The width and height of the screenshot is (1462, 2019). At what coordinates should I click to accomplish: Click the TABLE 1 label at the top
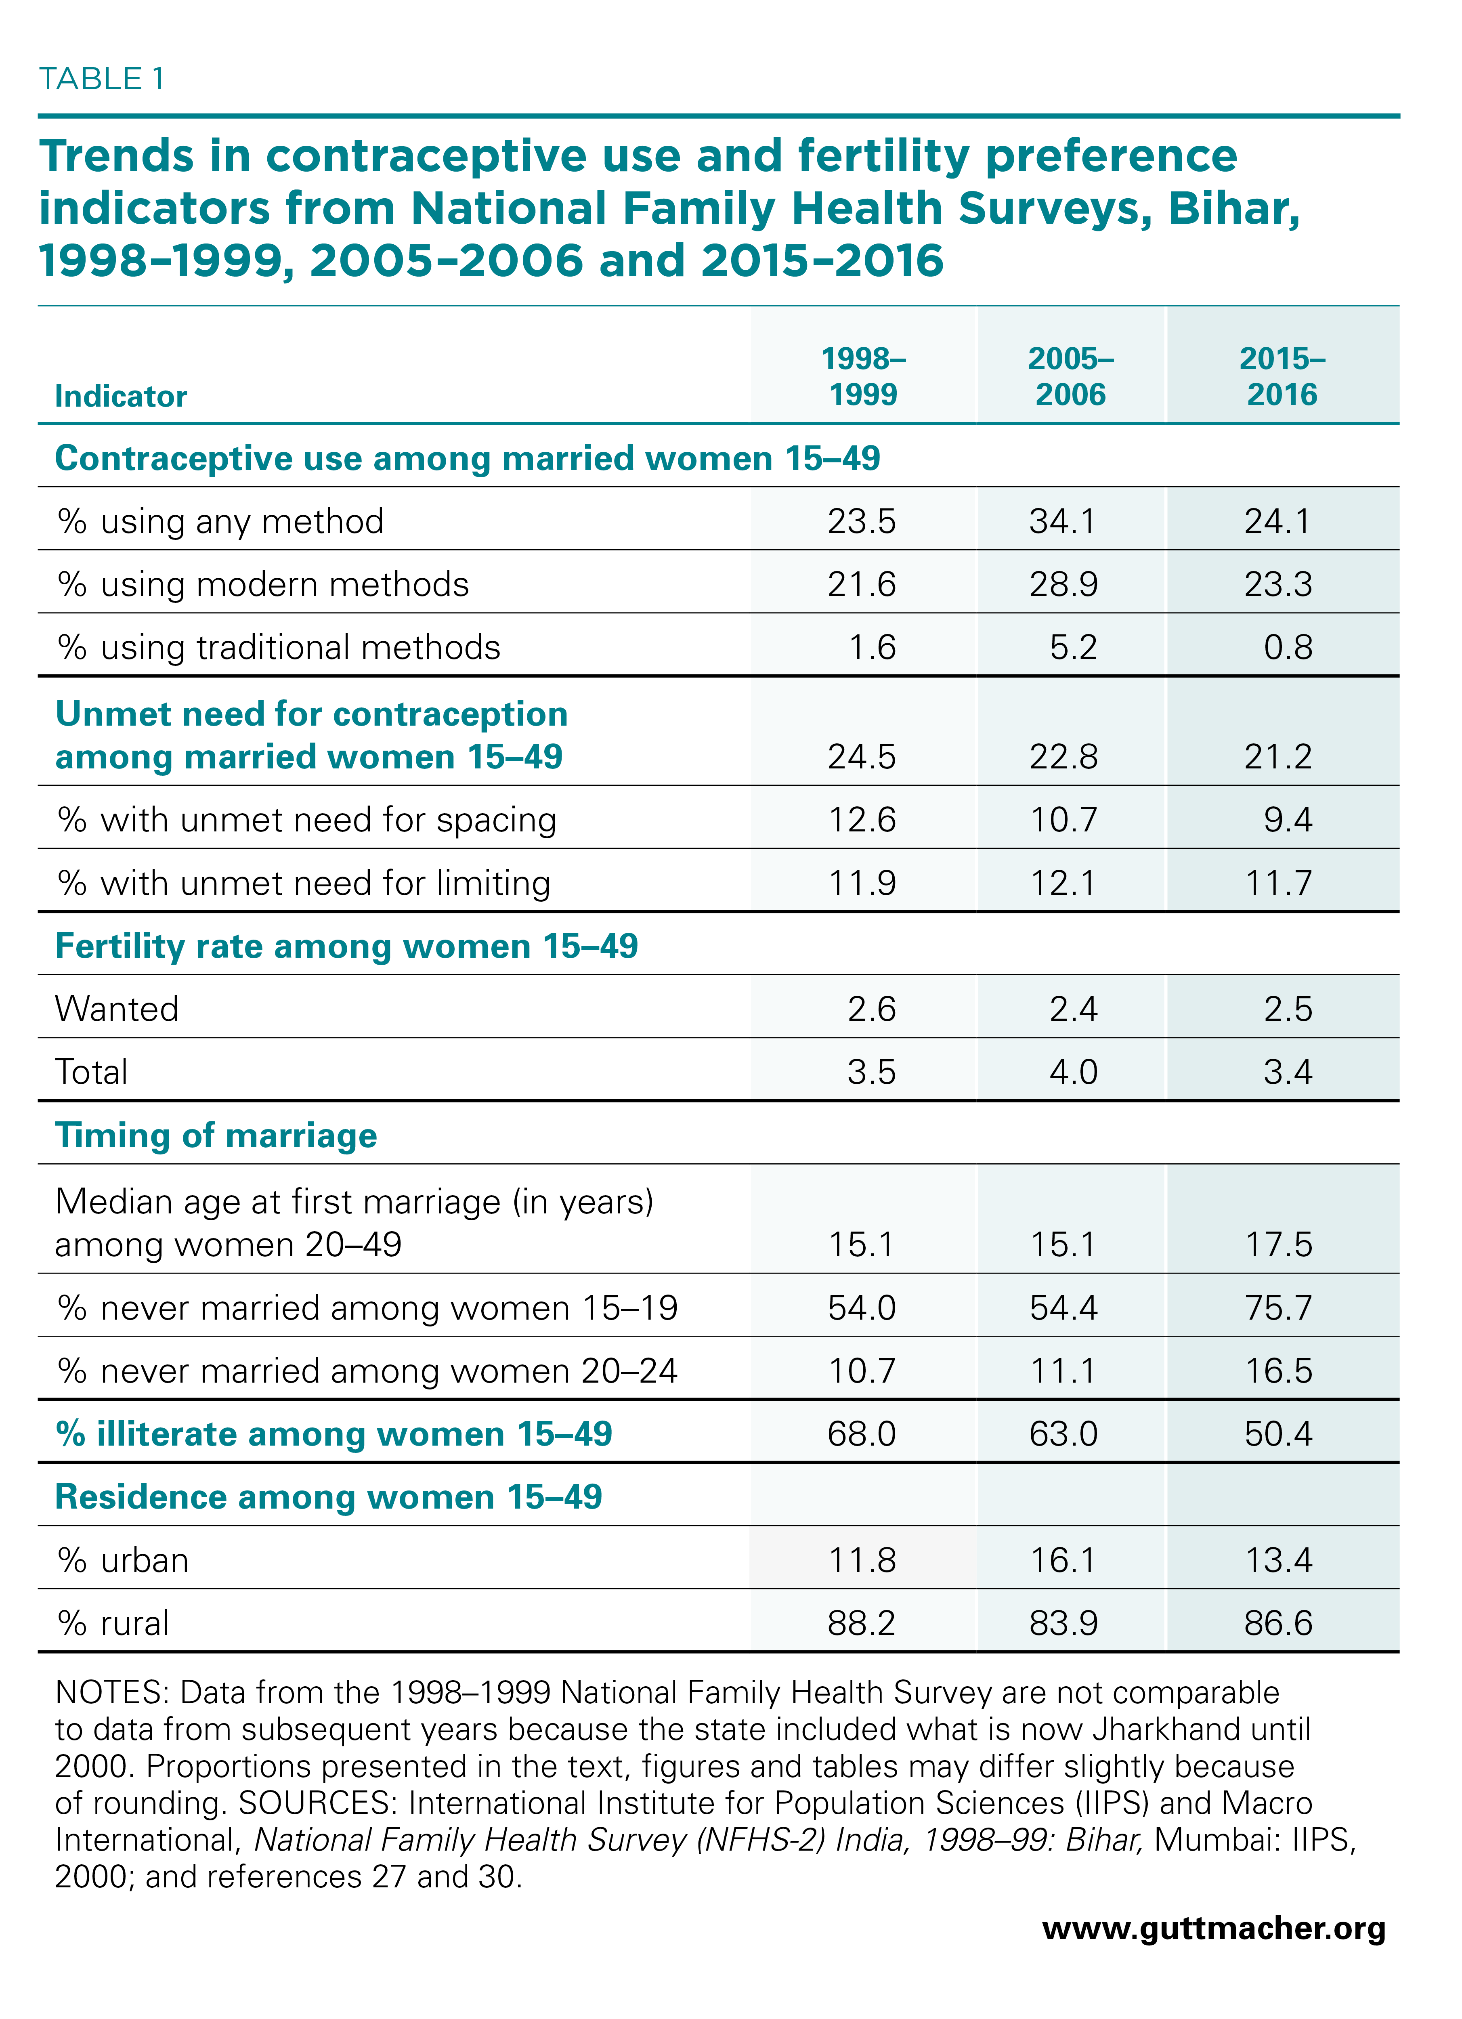click(101, 79)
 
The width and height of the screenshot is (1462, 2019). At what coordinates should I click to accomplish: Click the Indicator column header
click(121, 396)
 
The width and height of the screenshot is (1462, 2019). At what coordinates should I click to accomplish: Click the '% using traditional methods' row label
click(279, 647)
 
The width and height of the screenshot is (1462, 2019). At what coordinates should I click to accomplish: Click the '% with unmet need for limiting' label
click(304, 883)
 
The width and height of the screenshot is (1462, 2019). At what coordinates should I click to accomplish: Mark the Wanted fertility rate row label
click(117, 1009)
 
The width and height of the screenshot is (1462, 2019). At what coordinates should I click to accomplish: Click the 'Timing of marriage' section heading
click(216, 1136)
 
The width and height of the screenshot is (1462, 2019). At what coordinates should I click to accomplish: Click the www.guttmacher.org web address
click(1214, 1928)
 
